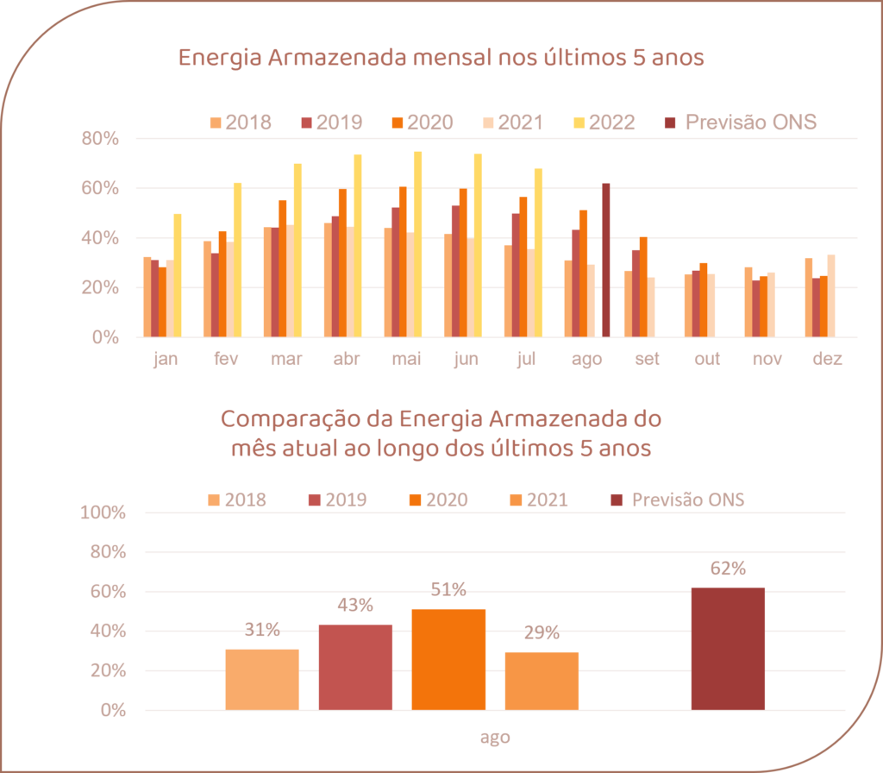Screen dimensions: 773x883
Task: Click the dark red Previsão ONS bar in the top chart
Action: [x=606, y=260]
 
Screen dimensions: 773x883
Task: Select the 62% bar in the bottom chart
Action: [x=728, y=649]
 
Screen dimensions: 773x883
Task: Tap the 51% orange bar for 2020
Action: [x=448, y=659]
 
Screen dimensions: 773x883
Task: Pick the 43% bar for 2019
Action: [x=355, y=666]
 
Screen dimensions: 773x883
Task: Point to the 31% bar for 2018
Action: [x=262, y=679]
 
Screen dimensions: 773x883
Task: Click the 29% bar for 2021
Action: [x=542, y=680]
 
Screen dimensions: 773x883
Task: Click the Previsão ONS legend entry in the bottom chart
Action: [x=678, y=500]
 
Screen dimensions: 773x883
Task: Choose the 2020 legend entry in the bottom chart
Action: [x=436, y=500]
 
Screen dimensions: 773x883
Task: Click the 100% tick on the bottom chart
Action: [x=103, y=512]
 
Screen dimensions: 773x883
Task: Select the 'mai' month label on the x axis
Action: [x=406, y=360]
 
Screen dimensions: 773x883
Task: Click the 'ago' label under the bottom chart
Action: [x=495, y=738]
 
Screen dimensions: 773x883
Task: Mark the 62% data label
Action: [x=728, y=569]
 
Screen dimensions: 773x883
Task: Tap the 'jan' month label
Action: [x=165, y=360]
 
